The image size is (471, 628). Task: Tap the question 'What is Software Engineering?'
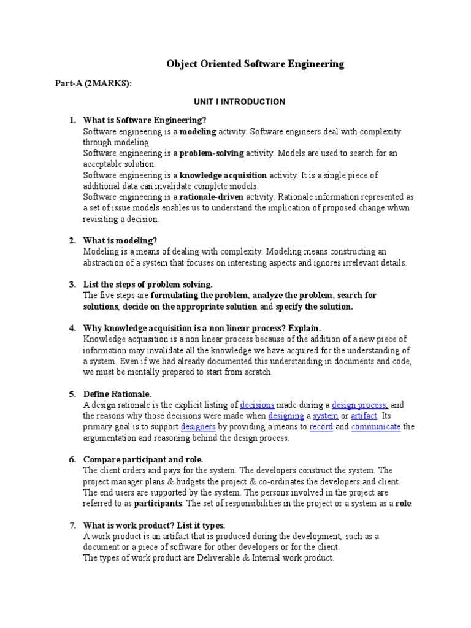point(136,120)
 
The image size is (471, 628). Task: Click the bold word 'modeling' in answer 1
point(197,132)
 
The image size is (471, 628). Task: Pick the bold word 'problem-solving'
point(212,153)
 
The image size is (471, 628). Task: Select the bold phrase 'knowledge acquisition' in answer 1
point(223,175)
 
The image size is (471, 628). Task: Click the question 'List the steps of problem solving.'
point(147,284)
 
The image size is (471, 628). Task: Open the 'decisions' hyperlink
point(257,405)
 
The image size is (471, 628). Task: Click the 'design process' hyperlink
point(359,405)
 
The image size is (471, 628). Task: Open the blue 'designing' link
point(286,416)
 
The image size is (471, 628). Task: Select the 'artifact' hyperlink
point(364,416)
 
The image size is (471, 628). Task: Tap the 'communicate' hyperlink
point(376,427)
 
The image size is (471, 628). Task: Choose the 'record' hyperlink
point(321,427)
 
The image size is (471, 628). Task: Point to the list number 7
point(72,525)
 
